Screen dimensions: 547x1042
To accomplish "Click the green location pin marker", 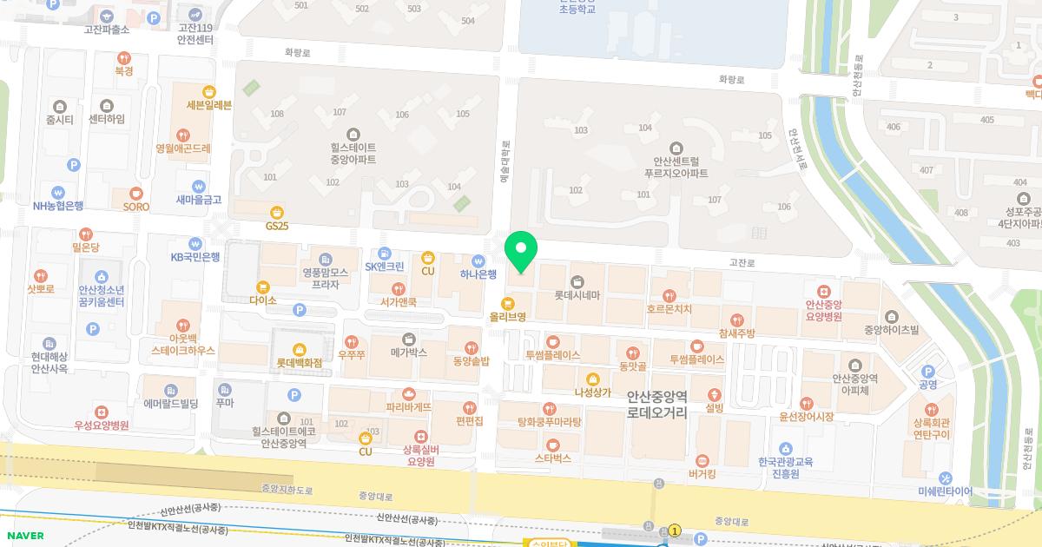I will click(521, 251).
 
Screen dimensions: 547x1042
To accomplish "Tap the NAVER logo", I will click(24, 535).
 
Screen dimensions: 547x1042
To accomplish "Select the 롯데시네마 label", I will click(577, 295).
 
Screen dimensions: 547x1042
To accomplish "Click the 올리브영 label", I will click(508, 317).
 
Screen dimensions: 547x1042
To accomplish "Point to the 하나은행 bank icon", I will click(478, 260).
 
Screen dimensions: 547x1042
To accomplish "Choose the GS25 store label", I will click(277, 226).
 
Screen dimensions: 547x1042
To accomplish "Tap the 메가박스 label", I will click(408, 352).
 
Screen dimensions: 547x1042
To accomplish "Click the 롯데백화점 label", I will click(300, 362).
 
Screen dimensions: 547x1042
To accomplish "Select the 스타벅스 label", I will click(553, 458).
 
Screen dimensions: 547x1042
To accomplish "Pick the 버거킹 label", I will click(702, 474).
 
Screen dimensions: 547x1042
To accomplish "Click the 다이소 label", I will click(262, 300).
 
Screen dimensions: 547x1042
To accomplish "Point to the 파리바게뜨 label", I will click(409, 406).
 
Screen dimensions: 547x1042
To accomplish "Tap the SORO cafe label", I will click(135, 207).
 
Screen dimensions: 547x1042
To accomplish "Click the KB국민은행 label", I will click(195, 257).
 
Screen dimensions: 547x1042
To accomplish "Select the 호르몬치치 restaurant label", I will click(669, 309).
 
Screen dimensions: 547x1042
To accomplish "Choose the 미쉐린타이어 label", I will click(945, 491).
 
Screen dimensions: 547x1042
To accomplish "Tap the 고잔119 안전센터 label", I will click(195, 34).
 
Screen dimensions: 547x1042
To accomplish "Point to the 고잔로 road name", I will click(742, 261).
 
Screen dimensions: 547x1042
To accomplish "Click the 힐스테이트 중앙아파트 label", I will click(353, 153).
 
